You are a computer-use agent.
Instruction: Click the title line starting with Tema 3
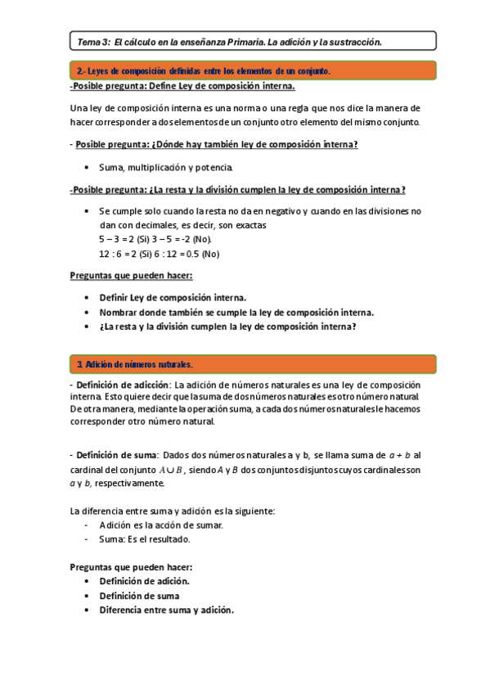(x=229, y=41)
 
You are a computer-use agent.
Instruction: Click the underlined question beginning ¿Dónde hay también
(x=217, y=145)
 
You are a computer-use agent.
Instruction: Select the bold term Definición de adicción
(x=123, y=385)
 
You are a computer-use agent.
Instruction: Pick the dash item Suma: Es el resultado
(x=144, y=539)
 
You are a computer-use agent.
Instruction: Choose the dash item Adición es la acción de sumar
(x=160, y=525)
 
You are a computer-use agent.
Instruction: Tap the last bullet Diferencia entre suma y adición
(x=166, y=610)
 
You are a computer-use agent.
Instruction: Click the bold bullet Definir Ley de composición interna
(x=173, y=298)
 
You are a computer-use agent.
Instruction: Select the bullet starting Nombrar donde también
(x=236, y=312)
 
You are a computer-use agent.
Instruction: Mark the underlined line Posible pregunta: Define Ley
(x=184, y=87)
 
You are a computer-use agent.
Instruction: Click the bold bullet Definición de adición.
(x=144, y=581)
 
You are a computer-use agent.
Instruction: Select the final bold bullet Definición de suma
(x=139, y=596)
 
